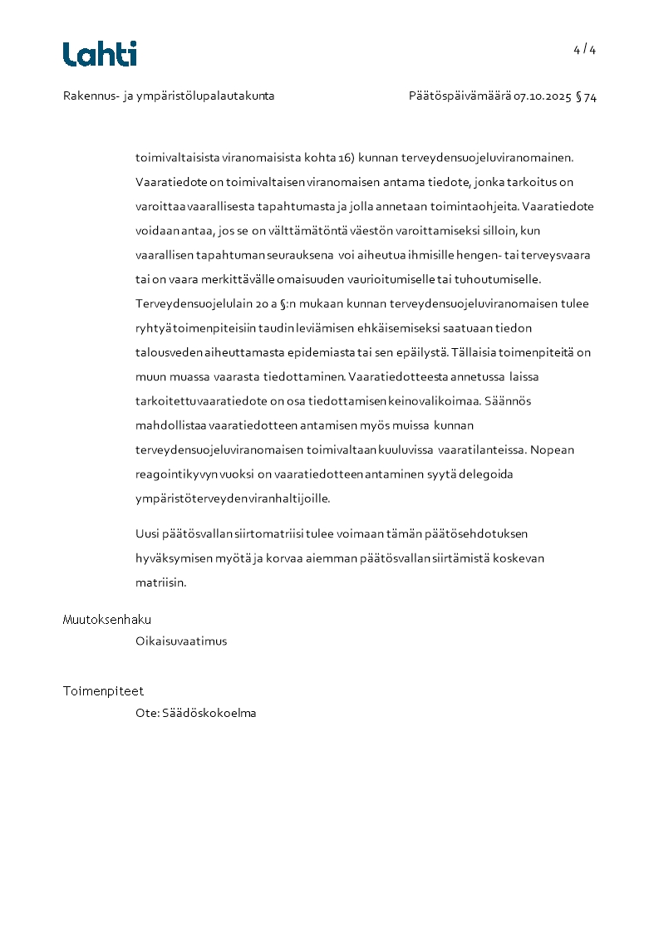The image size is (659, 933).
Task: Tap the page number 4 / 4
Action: click(584, 50)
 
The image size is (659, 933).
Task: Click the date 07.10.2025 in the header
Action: click(542, 96)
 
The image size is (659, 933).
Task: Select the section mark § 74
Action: click(586, 96)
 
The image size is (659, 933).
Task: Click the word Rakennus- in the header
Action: click(87, 96)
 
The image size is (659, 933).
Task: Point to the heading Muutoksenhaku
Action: click(106, 620)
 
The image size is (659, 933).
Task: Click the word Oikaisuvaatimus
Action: click(181, 641)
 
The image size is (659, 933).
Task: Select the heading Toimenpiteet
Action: click(103, 691)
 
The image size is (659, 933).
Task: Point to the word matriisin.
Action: click(160, 582)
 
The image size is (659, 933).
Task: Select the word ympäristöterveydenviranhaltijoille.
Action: click(233, 499)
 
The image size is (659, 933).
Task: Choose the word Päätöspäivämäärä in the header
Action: click(459, 96)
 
